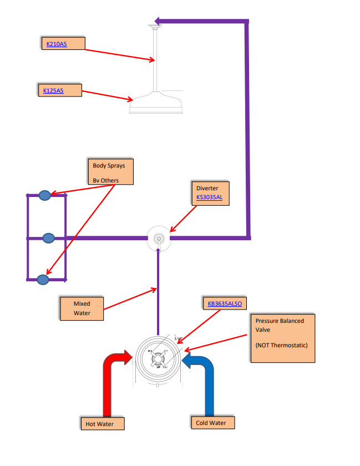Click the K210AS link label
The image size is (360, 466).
pos(57,43)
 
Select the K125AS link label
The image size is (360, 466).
pos(54,90)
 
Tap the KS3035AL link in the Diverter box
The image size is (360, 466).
pos(209,197)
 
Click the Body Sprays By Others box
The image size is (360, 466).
pos(111,173)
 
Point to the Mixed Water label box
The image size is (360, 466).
pos(82,309)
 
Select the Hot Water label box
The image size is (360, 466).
pos(102,424)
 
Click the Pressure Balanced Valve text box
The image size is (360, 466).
pos(282,338)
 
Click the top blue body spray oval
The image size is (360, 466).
pos(45,195)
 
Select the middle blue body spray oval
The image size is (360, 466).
pos(49,238)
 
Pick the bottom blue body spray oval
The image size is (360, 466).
pos(43,280)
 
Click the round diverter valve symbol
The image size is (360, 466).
pos(159,239)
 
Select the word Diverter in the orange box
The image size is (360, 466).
pos(206,188)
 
